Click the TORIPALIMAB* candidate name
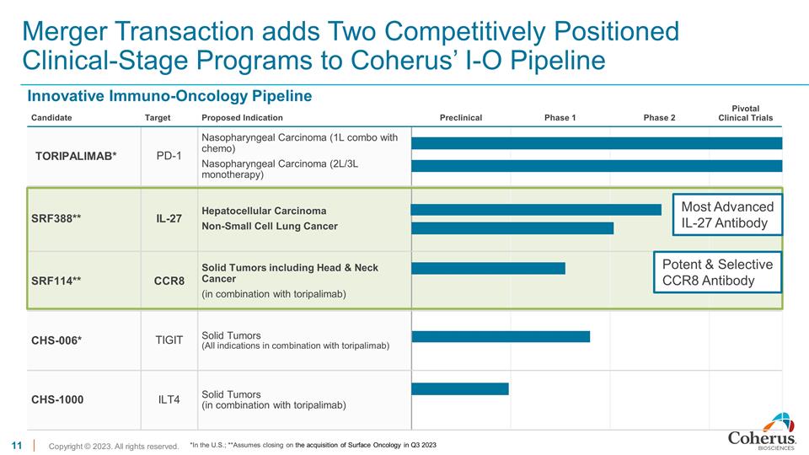click(x=75, y=156)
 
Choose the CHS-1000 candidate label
click(x=58, y=399)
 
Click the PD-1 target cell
click(x=169, y=156)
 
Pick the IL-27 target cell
click(x=169, y=219)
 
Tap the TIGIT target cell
click(x=169, y=340)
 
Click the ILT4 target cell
click(x=169, y=399)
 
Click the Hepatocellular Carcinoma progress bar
click(x=535, y=209)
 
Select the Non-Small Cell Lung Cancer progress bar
click(x=512, y=227)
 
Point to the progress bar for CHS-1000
click(x=459, y=388)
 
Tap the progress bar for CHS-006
click(x=500, y=336)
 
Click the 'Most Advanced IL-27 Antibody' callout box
click(x=726, y=215)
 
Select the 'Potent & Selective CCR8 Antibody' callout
click(x=718, y=272)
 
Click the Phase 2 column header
click(x=659, y=118)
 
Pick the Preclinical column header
click(x=461, y=118)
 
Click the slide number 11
click(x=15, y=444)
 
